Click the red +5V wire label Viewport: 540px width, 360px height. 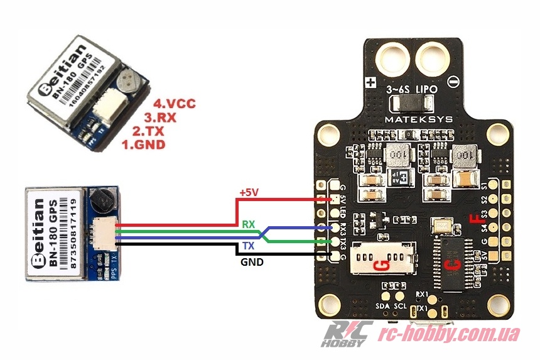pyautogui.click(x=249, y=193)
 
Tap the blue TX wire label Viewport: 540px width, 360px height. pyautogui.click(x=249, y=246)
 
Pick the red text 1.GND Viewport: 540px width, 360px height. pyautogui.click(x=143, y=145)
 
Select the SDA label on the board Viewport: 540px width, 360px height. pyautogui.click(x=383, y=306)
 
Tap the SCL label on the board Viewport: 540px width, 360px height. pyautogui.click(x=401, y=306)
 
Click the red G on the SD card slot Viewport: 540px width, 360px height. pyautogui.click(x=380, y=266)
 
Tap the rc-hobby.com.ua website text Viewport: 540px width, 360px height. pyautogui.click(x=451, y=334)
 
